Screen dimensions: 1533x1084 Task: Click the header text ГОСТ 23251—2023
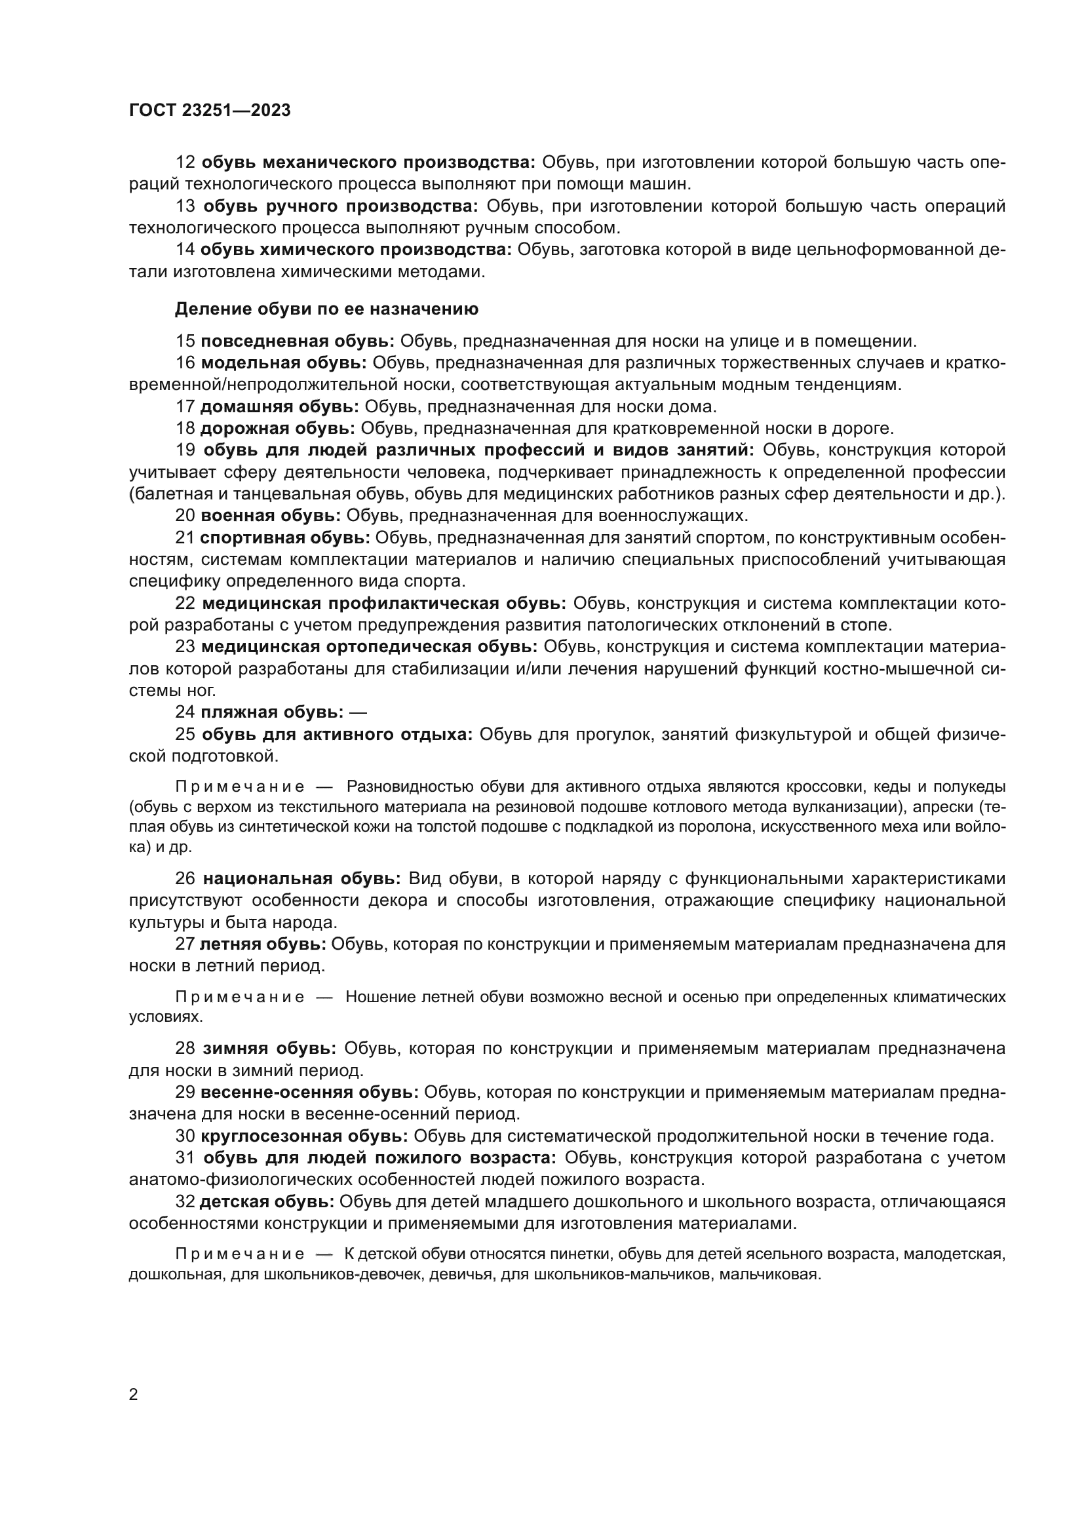[210, 111]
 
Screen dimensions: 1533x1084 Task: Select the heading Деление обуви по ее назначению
[326, 309]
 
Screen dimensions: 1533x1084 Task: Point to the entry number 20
[185, 515]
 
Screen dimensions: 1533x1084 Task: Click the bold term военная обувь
[270, 515]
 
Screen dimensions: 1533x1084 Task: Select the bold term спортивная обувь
[284, 537]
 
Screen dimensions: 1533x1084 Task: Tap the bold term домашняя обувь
[279, 406]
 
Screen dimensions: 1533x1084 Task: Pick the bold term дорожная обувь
[278, 428]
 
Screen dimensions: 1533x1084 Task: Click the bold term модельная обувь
[284, 362]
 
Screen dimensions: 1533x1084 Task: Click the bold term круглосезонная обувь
[304, 1136]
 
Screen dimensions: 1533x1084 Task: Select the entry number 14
[185, 250]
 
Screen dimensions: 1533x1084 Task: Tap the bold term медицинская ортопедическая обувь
[369, 647]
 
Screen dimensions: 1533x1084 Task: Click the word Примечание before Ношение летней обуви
[240, 997]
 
